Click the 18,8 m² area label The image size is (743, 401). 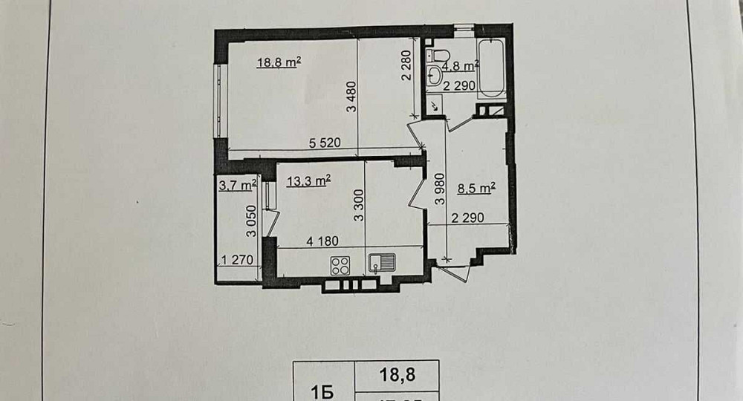coord(279,63)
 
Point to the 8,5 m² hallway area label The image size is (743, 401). coord(476,189)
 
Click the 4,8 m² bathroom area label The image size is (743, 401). coord(460,65)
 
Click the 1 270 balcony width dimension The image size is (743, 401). coord(238,260)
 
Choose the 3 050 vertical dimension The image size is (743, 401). coord(251,221)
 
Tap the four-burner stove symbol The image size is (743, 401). coord(340,265)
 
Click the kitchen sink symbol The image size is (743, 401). coord(382,263)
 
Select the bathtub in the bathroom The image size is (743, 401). coord(491,71)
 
